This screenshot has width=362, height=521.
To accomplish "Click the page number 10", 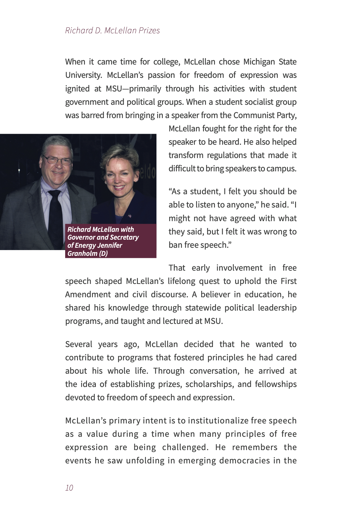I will (69, 488).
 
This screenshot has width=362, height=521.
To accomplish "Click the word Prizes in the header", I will (149, 30).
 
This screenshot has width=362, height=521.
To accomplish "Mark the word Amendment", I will (87, 294).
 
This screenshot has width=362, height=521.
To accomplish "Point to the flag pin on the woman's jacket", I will (129, 216).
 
